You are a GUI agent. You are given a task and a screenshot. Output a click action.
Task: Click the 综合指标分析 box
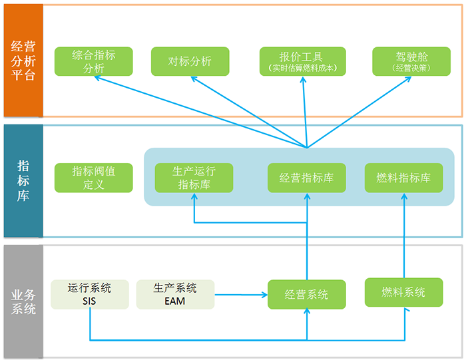coord(94,61)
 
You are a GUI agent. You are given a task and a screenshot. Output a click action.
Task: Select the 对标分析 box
coord(190,61)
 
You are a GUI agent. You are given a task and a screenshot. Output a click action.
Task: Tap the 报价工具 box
coord(303,61)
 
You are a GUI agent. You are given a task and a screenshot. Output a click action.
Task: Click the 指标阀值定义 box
coord(94,178)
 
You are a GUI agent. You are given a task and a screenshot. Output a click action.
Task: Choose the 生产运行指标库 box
coord(194,178)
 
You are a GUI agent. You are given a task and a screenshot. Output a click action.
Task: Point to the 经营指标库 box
coord(307,178)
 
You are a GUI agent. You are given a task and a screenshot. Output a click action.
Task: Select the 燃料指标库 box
coord(404,178)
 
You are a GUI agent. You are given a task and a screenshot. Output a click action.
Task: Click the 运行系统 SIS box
coord(89,295)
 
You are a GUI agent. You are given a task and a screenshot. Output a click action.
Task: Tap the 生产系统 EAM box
coord(176,295)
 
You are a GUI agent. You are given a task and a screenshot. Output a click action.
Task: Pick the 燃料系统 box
coord(404,292)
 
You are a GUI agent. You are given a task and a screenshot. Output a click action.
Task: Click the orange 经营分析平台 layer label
coord(23,61)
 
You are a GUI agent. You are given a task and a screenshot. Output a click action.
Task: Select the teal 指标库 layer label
coord(23,180)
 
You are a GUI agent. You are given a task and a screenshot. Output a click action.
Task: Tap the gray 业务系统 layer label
coord(23,301)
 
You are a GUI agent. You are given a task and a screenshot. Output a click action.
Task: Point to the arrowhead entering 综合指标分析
coord(99,78)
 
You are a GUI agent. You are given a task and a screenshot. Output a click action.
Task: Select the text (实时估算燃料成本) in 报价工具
coord(303,68)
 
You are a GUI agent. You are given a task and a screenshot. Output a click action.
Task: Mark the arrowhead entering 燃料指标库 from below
coord(404,196)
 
